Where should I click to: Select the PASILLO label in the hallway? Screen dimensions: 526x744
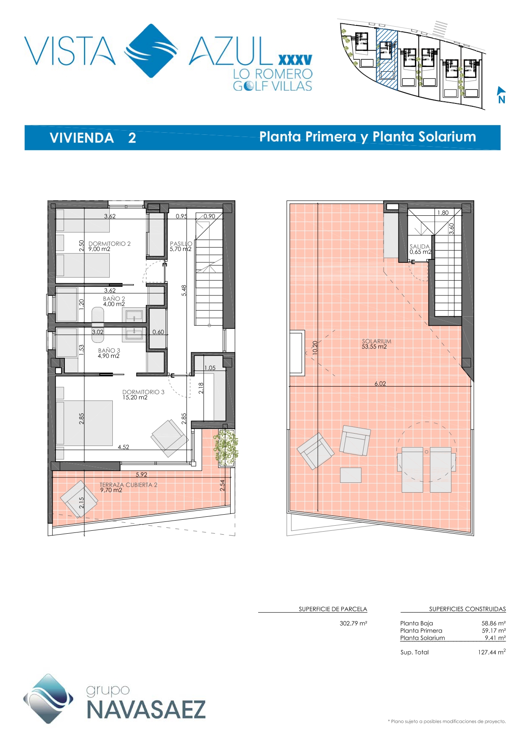(x=181, y=244)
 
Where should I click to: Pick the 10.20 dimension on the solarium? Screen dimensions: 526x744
(x=314, y=348)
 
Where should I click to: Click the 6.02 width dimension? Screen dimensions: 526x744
(x=380, y=384)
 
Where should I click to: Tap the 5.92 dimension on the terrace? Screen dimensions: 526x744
(x=142, y=475)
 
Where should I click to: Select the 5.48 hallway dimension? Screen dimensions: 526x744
(x=184, y=290)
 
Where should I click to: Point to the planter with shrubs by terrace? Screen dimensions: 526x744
(x=226, y=448)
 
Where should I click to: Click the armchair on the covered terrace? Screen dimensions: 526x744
(x=79, y=499)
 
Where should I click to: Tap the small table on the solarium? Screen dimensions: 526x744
(x=351, y=475)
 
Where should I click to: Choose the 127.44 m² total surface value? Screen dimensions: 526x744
(x=492, y=652)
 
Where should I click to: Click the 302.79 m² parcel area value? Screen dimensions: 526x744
(x=353, y=624)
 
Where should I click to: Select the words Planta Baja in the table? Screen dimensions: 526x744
(x=417, y=624)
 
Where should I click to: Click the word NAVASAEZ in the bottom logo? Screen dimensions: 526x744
(x=146, y=710)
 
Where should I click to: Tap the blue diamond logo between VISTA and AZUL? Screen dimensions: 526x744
(x=151, y=51)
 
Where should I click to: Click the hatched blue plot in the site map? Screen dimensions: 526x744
(x=387, y=59)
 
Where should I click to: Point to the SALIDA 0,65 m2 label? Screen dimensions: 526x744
(x=420, y=249)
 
